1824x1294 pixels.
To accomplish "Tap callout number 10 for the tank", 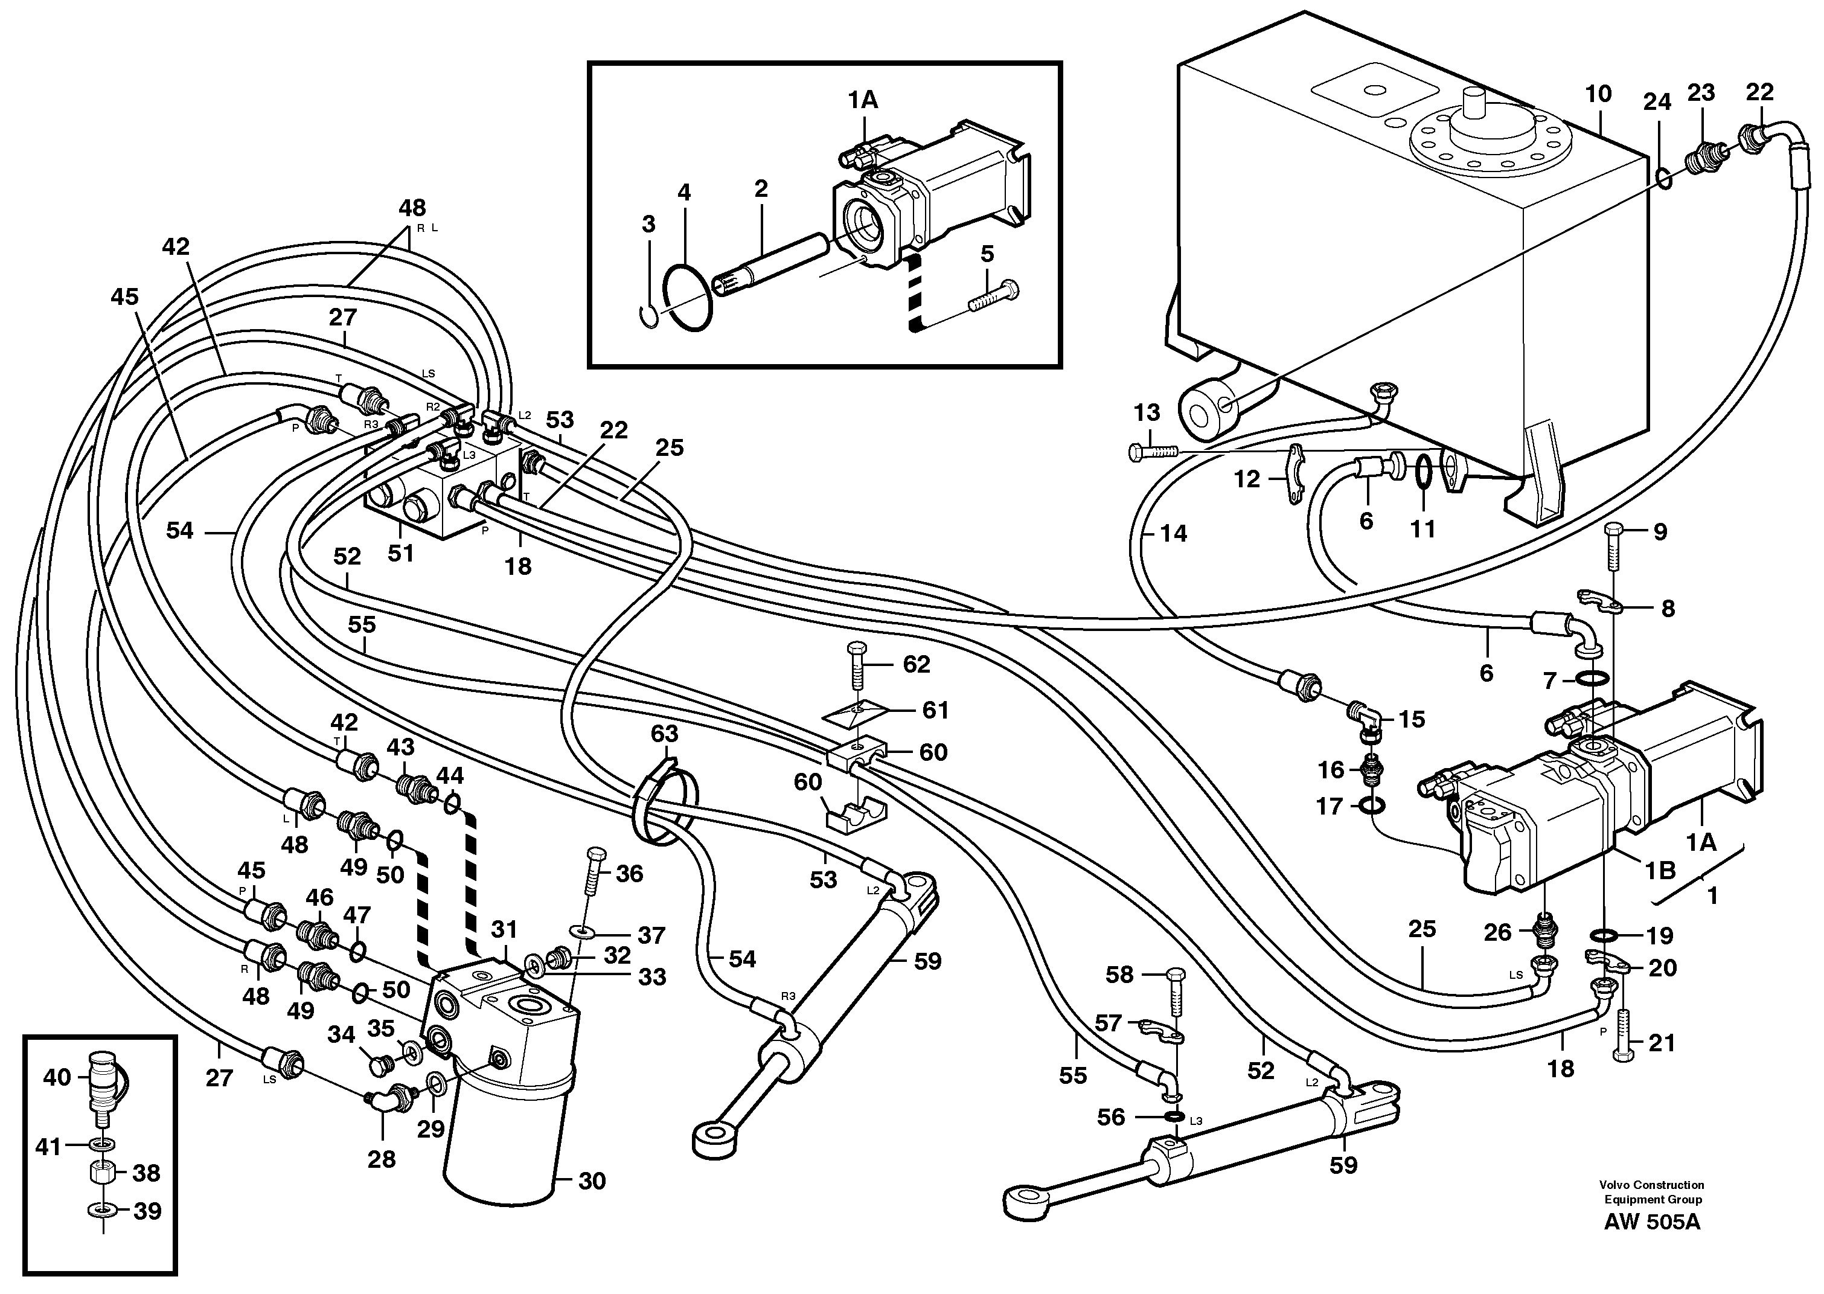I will [x=1598, y=94].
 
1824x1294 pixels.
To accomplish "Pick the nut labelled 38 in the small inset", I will [x=103, y=1172].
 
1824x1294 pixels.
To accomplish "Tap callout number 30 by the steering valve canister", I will [x=592, y=1181].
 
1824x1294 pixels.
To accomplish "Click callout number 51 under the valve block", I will [x=401, y=552].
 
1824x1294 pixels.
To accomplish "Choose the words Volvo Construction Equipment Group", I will [x=1653, y=1192].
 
